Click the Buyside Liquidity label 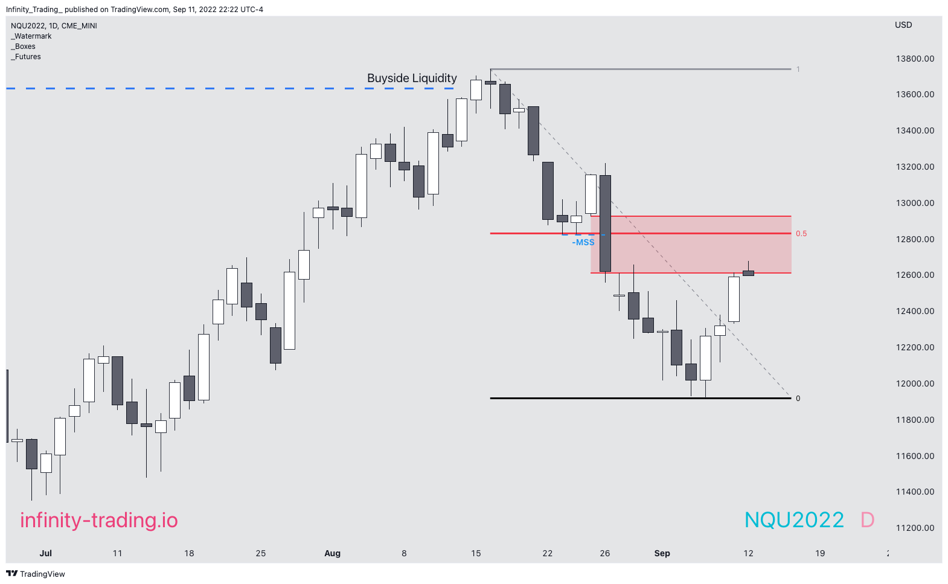click(x=412, y=79)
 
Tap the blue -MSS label click(x=583, y=242)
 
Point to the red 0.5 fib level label click(x=801, y=234)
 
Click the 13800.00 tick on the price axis click(x=915, y=59)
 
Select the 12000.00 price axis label click(x=915, y=383)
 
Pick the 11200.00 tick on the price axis click(x=915, y=528)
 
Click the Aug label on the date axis click(x=332, y=553)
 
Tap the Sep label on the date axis click(x=662, y=553)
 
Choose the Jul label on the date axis click(x=46, y=553)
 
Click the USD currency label click(x=903, y=25)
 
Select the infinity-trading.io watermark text click(x=99, y=520)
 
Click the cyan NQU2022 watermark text click(x=794, y=520)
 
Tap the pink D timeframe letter click(x=867, y=520)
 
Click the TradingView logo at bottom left click(x=36, y=574)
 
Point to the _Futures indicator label click(x=26, y=57)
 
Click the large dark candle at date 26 click(x=605, y=223)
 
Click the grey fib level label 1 click(x=798, y=69)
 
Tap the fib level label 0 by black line click(x=798, y=399)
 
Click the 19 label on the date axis click(x=820, y=553)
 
